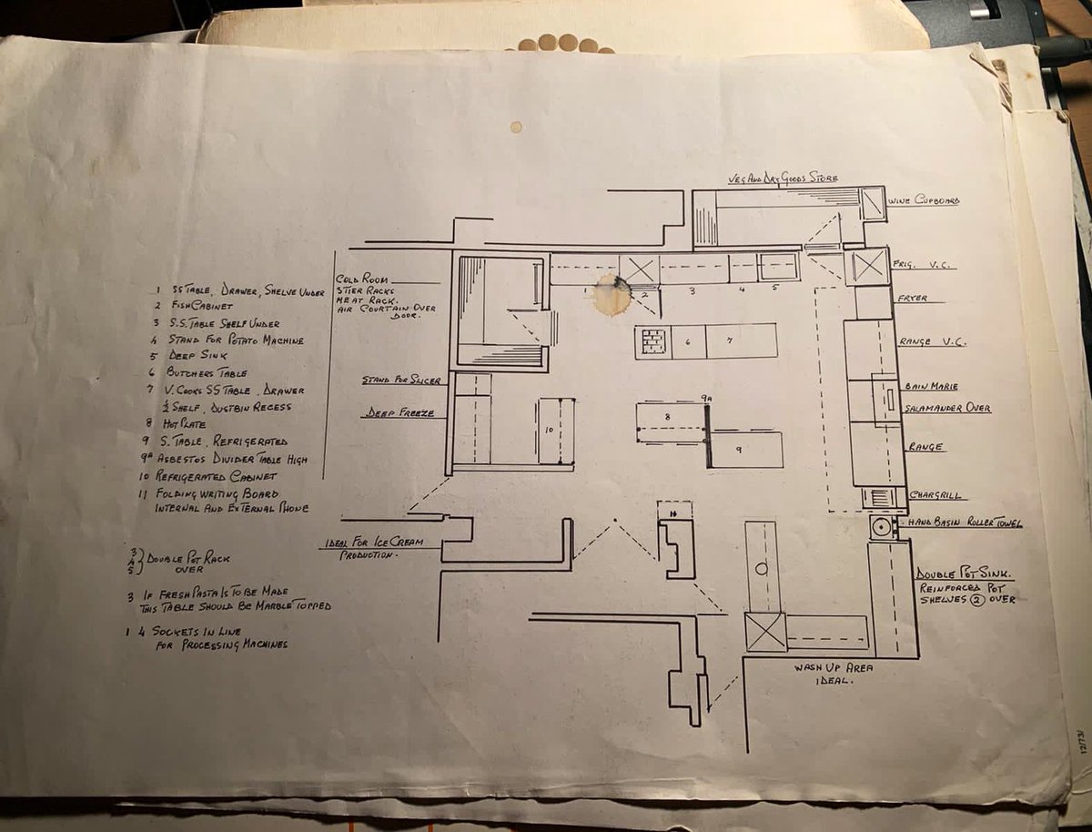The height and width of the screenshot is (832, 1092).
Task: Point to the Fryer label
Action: [913, 299]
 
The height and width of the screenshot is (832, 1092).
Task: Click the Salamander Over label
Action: [947, 409]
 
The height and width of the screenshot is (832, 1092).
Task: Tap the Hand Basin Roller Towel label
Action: [965, 523]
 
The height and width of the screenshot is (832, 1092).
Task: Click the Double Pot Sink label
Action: [966, 574]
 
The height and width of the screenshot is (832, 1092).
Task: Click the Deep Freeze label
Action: [398, 412]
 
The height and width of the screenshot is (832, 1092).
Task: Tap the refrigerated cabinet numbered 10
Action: [555, 431]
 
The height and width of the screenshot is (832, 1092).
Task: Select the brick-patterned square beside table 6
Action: [652, 342]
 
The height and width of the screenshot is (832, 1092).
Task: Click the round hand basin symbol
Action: [881, 526]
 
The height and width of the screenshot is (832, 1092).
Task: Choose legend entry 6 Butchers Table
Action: [200, 372]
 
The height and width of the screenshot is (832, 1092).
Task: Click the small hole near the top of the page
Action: [516, 127]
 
